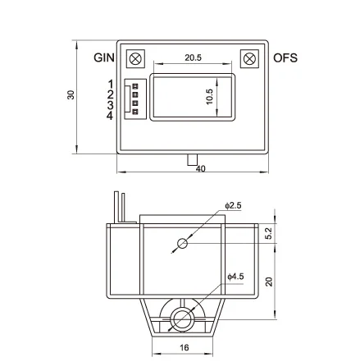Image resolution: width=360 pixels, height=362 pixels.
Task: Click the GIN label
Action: [x=103, y=58]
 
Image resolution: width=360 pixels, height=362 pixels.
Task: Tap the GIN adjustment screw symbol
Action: [x=137, y=60]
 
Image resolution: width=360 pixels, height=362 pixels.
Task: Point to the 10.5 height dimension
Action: [x=209, y=96]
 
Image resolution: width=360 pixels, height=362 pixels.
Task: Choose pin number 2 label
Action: [x=109, y=96]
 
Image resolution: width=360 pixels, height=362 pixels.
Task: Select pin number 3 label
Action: [x=109, y=108]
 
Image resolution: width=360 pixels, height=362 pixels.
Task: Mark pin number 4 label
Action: [x=109, y=120]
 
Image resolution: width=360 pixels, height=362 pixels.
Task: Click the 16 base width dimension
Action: [x=184, y=347]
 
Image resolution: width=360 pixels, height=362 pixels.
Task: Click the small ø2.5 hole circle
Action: [x=183, y=244]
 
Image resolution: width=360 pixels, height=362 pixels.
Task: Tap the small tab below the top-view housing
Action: [x=192, y=158]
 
